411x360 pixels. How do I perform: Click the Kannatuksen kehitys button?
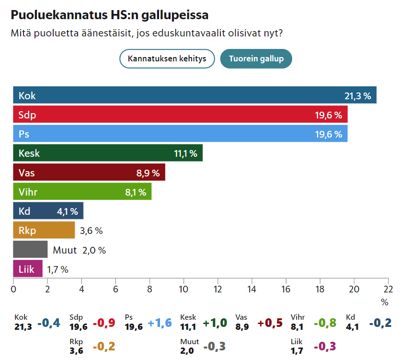point(167,59)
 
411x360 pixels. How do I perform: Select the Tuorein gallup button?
point(256,59)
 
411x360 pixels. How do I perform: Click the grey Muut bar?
point(30,250)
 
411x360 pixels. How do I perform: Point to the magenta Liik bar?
point(28,269)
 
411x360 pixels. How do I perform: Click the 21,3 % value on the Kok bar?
point(358,96)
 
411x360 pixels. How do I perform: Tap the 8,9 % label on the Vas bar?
point(148,173)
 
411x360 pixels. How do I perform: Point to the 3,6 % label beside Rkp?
point(91,231)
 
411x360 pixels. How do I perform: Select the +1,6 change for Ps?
point(160,323)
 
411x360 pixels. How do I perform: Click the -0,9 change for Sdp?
point(104,323)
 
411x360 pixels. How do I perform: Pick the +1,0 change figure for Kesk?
point(215,323)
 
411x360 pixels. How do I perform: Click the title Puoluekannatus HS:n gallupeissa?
point(110,15)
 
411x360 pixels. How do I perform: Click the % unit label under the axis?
point(384,302)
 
